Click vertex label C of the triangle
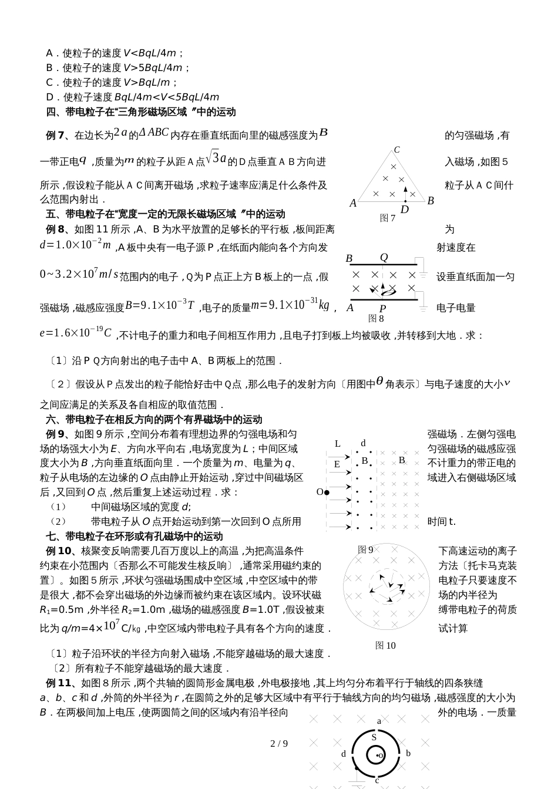[397, 150]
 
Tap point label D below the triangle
[405, 210]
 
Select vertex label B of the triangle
[431, 201]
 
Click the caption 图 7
[388, 218]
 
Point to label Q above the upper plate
[384, 257]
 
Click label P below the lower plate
[382, 309]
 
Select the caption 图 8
[376, 319]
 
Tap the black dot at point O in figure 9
[327, 492]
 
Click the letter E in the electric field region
[337, 464]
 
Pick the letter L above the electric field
[338, 444]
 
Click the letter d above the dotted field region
[364, 443]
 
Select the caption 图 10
[385, 645]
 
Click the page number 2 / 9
[279, 744]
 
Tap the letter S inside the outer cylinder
[374, 737]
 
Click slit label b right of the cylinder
[408, 753]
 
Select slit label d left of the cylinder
[344, 754]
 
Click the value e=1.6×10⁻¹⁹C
[76, 333]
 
